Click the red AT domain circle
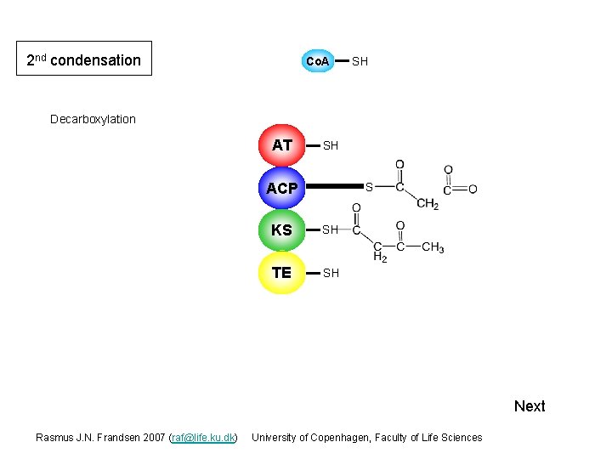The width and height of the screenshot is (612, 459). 282,145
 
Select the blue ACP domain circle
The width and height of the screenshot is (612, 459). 282,188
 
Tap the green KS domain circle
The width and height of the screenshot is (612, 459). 282,230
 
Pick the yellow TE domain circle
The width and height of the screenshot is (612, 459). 282,273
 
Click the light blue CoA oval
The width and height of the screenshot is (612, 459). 317,61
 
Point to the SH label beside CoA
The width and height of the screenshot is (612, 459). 360,61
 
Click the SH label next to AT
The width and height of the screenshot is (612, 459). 331,146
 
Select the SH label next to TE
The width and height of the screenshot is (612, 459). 331,273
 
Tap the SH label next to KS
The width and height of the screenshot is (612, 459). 331,229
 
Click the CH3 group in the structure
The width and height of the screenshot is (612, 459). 433,247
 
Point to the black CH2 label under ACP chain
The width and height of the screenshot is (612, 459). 427,203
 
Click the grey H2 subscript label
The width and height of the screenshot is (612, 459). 379,257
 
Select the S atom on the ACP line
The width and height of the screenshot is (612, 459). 369,186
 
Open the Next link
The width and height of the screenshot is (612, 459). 530,406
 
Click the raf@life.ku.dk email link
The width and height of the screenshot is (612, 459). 203,438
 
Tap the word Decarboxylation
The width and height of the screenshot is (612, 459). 93,119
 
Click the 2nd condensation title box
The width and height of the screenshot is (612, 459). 84,59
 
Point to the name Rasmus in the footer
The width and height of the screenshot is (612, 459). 54,438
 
